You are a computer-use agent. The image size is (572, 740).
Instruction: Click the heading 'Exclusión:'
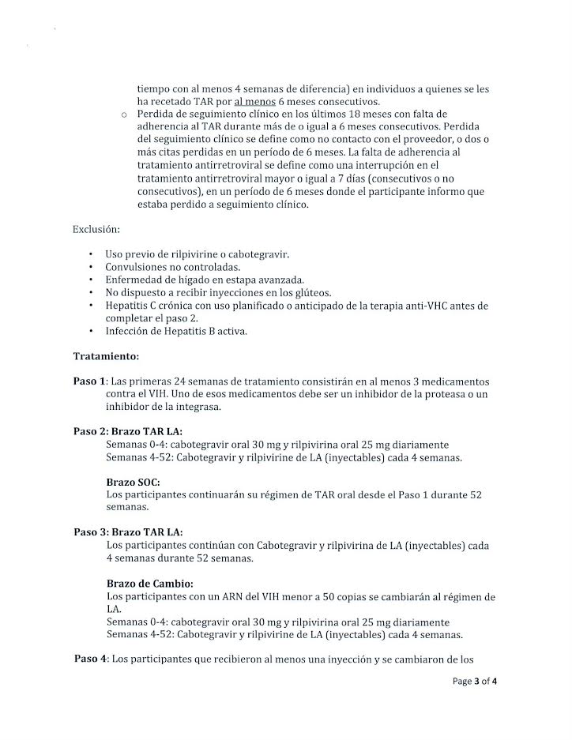point(96,230)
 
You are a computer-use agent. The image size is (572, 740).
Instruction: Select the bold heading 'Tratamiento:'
point(106,356)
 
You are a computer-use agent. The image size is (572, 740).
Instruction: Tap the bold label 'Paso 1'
point(89,381)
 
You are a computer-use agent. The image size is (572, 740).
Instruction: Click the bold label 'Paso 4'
point(91,659)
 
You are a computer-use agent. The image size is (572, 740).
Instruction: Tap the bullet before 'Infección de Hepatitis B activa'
point(92,331)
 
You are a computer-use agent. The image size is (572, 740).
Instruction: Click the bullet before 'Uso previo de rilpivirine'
point(92,254)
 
